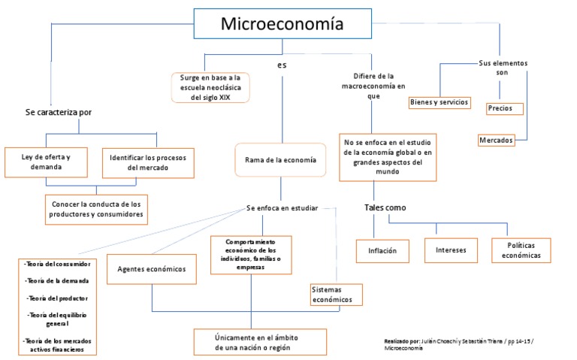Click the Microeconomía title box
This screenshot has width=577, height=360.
click(282, 25)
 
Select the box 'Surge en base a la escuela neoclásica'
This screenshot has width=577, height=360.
click(210, 87)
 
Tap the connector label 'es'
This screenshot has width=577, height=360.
click(282, 65)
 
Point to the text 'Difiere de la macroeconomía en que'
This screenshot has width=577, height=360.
click(373, 86)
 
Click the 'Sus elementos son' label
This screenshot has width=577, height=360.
click(503, 68)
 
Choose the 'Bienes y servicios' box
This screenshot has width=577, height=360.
click(440, 102)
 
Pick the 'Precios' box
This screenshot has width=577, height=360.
click(500, 109)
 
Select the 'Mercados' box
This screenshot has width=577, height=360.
click(496, 141)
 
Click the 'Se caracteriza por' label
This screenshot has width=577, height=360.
click(59, 112)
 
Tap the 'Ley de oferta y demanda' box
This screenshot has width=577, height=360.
click(47, 162)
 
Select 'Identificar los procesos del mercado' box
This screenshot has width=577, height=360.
click(148, 162)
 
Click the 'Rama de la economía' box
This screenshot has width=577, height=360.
click(280, 160)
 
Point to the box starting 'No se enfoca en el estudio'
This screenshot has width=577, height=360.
click(388, 156)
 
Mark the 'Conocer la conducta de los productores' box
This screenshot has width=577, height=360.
click(96, 209)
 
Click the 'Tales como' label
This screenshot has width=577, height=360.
click(385, 207)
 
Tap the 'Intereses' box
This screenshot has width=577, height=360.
click(451, 250)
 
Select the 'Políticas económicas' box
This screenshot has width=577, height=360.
click(521, 250)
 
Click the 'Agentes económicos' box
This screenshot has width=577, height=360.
click(152, 269)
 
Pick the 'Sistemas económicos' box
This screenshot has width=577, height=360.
click(337, 295)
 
